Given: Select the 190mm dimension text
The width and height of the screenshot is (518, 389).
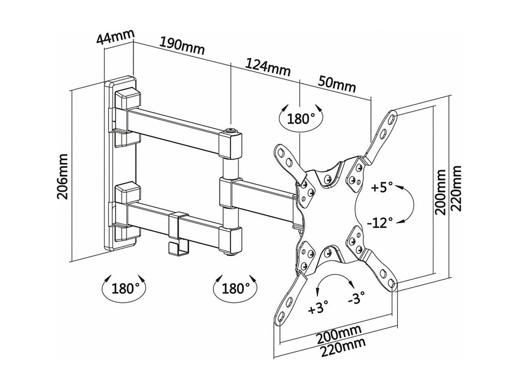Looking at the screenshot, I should pos(182,45).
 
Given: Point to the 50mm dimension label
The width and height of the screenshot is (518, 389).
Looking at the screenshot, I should pos(337,84).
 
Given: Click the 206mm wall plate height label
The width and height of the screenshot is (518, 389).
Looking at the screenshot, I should pos(62,176).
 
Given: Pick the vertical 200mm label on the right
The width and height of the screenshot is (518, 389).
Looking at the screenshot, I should pos(440,192).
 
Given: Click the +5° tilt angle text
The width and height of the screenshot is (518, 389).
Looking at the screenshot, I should pos(382,187).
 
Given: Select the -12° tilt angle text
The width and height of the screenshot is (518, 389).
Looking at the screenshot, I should pos(380,222).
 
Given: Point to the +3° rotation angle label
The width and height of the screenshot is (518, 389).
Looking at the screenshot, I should pos(318,308).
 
